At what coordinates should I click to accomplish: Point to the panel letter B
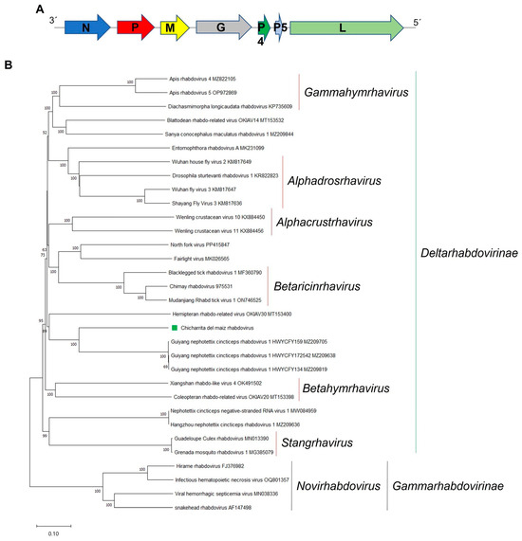[10, 64]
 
